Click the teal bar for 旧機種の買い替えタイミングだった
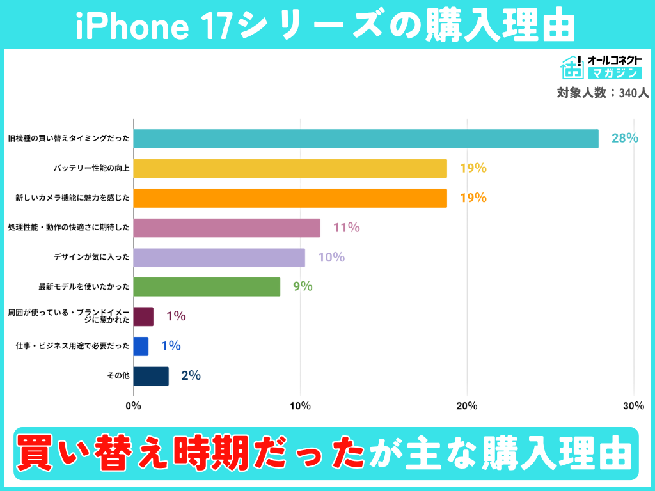point(366,139)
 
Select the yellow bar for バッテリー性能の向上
point(290,168)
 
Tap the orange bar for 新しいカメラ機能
point(290,198)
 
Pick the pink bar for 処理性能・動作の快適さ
point(226,228)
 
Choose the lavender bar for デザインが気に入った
point(219,258)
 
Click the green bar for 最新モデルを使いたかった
point(207,287)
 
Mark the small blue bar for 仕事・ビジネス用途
point(141,347)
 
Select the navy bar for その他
point(151,376)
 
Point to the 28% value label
point(624,138)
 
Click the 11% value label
point(346,228)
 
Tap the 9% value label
point(303,287)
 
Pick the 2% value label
point(191,376)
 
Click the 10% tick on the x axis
point(300,406)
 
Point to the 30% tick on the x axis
point(633,406)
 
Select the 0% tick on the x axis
point(133,406)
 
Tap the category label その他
point(118,376)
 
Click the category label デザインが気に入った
point(91,258)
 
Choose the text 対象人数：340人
point(603,93)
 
